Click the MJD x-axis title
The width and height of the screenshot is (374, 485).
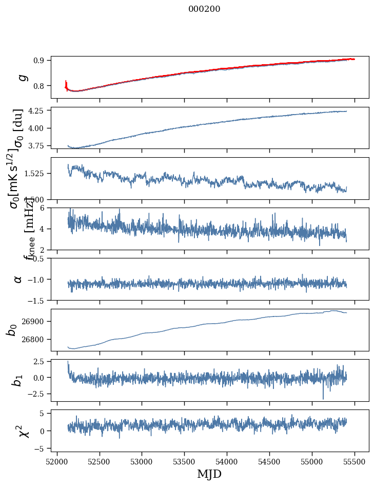click(209, 474)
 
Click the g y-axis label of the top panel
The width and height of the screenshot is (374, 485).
click(22, 77)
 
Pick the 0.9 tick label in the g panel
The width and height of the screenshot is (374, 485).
click(41, 61)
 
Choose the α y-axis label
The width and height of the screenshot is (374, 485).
click(18, 278)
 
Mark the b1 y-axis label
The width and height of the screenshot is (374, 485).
click(18, 380)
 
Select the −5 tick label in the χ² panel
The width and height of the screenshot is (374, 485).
click(40, 448)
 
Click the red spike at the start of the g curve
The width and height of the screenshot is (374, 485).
click(66, 83)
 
